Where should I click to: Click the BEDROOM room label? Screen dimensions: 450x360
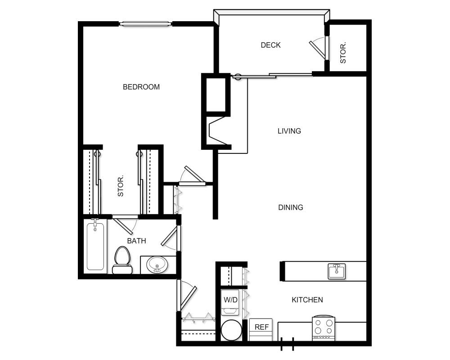(x=141, y=87)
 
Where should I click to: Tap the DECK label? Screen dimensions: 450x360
(x=270, y=45)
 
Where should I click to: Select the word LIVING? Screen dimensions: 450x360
(x=289, y=131)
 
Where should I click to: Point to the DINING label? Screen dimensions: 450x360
(x=291, y=207)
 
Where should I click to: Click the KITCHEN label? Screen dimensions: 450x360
(x=307, y=300)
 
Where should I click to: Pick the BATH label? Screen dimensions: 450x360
(x=137, y=241)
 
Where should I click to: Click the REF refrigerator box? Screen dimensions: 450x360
(x=261, y=329)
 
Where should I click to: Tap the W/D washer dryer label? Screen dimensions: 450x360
(x=230, y=300)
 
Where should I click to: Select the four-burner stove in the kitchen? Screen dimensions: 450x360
(x=324, y=328)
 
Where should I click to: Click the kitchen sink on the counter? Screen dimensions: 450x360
(x=337, y=271)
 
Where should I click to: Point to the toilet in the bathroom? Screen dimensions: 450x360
(x=122, y=260)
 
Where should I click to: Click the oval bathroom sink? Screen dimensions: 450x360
(x=157, y=265)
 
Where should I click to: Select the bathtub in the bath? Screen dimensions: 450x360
(x=95, y=246)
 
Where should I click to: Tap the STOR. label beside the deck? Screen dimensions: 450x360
(x=343, y=53)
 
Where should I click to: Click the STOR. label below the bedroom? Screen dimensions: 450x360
(x=121, y=185)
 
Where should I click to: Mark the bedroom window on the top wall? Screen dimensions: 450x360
(x=145, y=23)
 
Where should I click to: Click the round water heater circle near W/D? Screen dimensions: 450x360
(x=232, y=330)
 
